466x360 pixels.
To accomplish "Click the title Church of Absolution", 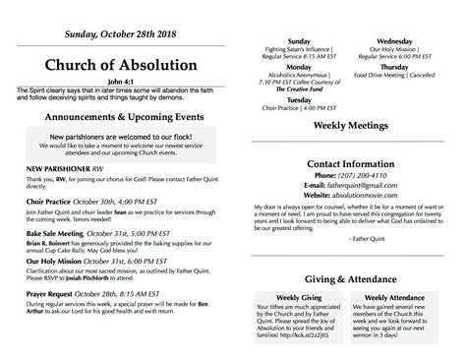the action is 117,66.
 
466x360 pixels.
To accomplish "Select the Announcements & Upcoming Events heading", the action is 117,114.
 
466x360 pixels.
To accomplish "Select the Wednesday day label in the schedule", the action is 394,42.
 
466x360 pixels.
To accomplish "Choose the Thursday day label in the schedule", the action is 394,66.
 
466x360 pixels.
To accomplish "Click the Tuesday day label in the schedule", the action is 299,100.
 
